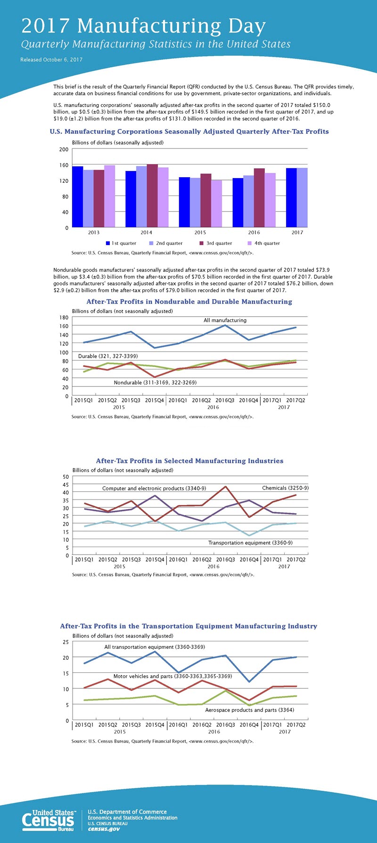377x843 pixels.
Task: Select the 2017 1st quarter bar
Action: (291, 197)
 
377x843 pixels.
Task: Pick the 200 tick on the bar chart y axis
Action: (64, 149)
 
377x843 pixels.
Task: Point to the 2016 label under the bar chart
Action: (254, 232)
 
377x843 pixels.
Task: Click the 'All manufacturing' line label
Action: (225, 320)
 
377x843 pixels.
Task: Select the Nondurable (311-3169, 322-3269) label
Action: (155, 383)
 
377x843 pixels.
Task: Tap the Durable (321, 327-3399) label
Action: (108, 356)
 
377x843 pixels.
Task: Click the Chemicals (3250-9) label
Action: (285, 488)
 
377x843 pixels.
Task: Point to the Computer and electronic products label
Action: (154, 488)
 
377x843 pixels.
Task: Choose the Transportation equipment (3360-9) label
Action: (250, 543)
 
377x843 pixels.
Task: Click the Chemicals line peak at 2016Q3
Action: (226, 486)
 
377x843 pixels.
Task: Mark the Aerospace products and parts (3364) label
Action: (249, 710)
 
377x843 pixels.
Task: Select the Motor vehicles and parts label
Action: (172, 676)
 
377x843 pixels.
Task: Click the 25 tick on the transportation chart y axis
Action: (66, 642)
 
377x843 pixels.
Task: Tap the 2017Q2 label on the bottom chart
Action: (296, 725)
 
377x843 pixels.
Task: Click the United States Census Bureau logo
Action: (48, 820)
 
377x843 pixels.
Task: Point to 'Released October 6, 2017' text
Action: (51, 60)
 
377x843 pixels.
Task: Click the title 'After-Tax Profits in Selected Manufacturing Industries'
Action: (189, 461)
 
